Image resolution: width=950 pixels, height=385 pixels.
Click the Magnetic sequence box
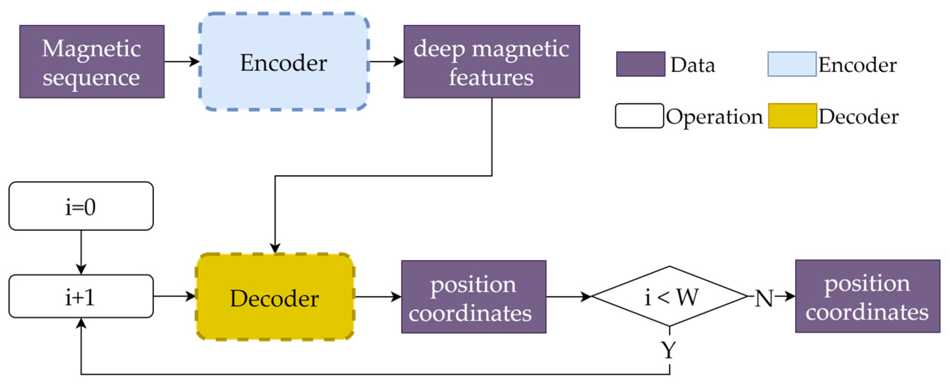pos(91,62)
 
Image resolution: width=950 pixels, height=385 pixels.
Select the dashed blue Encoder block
pos(284,62)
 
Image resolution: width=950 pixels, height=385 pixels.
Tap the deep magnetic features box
pos(491,62)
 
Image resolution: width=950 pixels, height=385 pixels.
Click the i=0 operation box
pos(81,206)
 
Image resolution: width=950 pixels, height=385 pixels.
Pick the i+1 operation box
pos(81,296)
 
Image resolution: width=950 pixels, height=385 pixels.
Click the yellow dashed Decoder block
pos(275,297)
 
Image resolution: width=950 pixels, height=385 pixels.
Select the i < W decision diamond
pos(669,296)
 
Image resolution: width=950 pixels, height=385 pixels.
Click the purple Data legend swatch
pos(640,64)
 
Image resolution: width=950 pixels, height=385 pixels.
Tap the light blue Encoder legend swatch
pos(791,64)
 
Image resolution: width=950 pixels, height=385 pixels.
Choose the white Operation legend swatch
pos(639,116)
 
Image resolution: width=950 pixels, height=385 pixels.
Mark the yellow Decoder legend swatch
pos(792,116)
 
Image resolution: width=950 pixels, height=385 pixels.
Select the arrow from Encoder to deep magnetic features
pos(386,62)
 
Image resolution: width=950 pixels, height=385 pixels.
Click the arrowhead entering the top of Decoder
pos(275,248)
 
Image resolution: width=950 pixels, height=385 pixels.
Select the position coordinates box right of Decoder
pos(473,297)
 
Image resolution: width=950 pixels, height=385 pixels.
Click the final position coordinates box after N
pos(867,296)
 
